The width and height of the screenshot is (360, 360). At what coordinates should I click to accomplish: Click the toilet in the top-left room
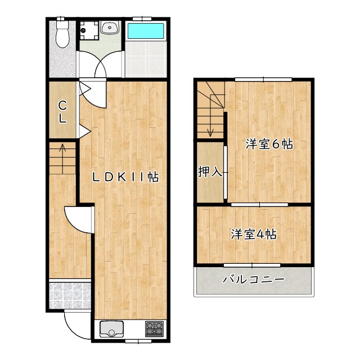(62, 35)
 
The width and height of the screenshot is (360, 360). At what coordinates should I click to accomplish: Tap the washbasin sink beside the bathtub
(109, 28)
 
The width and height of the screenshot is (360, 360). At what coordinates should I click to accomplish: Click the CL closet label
(63, 111)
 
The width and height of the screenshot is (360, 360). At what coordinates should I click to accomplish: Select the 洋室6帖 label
(269, 144)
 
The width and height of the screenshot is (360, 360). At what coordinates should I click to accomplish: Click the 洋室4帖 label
(253, 235)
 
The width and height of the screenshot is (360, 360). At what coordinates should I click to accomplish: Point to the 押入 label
(210, 172)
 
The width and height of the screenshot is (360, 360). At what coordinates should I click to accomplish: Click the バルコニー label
(254, 279)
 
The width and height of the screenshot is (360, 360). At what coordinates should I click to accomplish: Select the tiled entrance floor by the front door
(70, 295)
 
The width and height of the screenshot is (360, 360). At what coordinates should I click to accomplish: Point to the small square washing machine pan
(87, 29)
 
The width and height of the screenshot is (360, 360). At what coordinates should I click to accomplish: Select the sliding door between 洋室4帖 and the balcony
(253, 264)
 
